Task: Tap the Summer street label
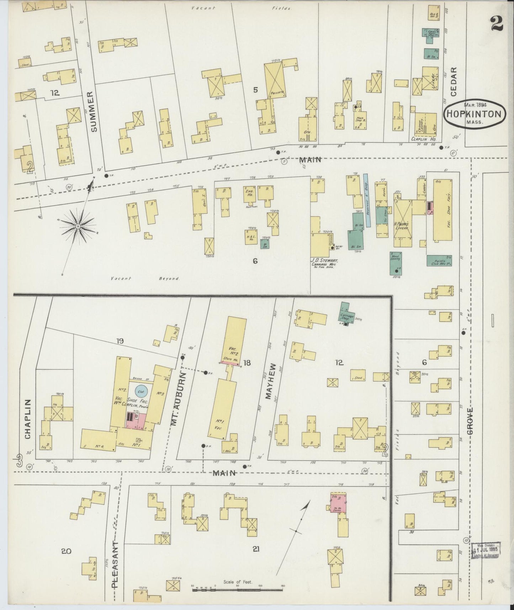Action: click(93, 112)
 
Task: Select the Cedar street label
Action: click(453, 81)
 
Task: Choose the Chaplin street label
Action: click(28, 419)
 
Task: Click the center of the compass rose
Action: click(78, 226)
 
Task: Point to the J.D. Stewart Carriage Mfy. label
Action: click(324, 263)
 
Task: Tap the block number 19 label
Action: click(120, 341)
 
